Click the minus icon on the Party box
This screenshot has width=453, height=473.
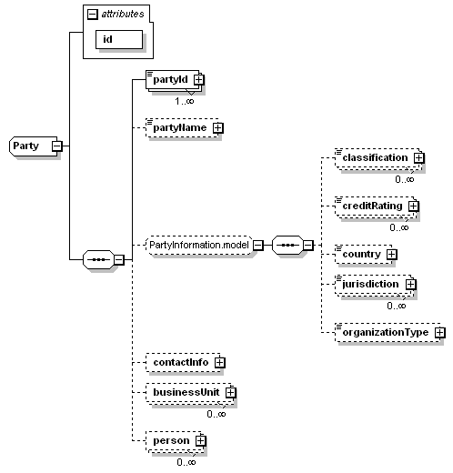(x=55, y=146)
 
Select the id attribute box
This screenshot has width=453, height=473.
(x=120, y=39)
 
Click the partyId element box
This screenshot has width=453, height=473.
(x=168, y=80)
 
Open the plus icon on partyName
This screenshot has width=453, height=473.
(x=217, y=128)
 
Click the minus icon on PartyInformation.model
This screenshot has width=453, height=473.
(x=257, y=245)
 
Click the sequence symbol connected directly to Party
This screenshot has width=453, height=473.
(x=97, y=260)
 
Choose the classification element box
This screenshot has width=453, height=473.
(x=374, y=157)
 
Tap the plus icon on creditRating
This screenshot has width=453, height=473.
(x=413, y=206)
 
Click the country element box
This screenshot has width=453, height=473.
(x=361, y=254)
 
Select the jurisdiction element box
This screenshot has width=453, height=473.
(x=369, y=284)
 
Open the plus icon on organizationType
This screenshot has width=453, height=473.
(x=439, y=332)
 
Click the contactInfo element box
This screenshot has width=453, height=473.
(x=180, y=362)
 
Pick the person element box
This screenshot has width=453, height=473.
(x=171, y=440)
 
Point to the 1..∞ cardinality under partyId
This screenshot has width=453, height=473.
(x=187, y=101)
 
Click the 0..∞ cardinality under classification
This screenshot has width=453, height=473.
(x=405, y=179)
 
